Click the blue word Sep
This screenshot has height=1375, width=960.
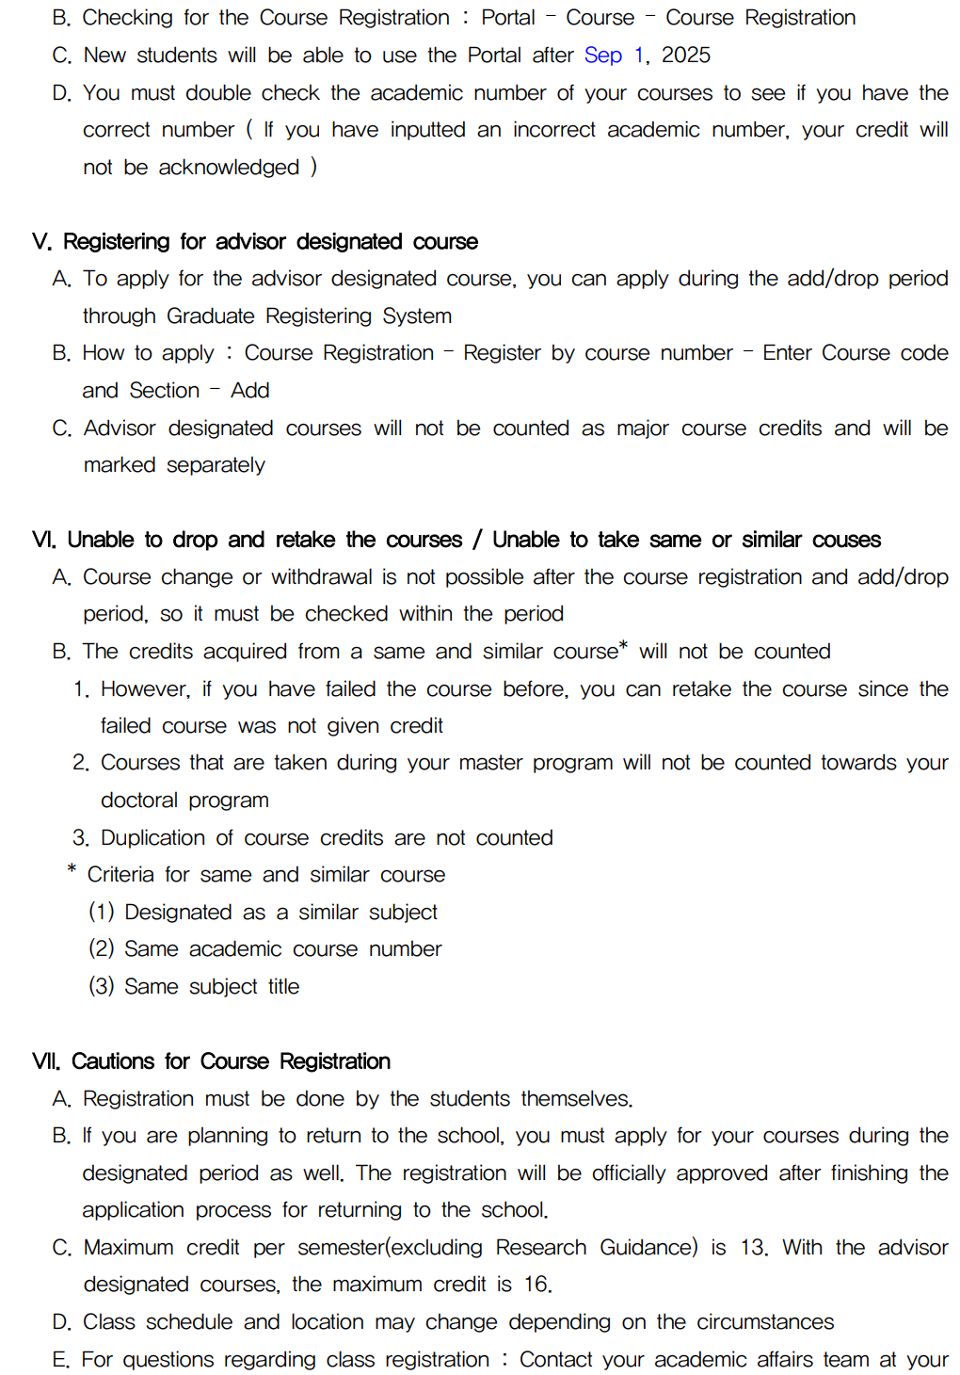click(x=602, y=56)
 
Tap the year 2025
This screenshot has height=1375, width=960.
click(x=685, y=56)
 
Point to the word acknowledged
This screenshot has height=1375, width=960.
click(x=229, y=168)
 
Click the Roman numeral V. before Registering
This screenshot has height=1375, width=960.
click(x=41, y=242)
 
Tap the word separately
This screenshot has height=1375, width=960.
click(x=216, y=465)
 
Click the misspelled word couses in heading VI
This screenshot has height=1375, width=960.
click(x=846, y=540)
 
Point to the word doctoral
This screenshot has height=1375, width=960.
click(x=139, y=801)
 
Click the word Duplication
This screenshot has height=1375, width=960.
click(x=152, y=838)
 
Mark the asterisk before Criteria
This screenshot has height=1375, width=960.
click(x=72, y=870)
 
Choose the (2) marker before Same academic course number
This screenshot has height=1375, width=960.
click(x=101, y=949)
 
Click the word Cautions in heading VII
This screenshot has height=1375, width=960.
click(x=113, y=1061)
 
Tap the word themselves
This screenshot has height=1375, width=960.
click(x=575, y=1099)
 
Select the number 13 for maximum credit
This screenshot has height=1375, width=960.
click(x=752, y=1248)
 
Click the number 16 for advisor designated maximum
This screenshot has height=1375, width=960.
click(x=536, y=1285)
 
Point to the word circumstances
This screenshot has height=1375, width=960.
click(x=764, y=1322)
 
